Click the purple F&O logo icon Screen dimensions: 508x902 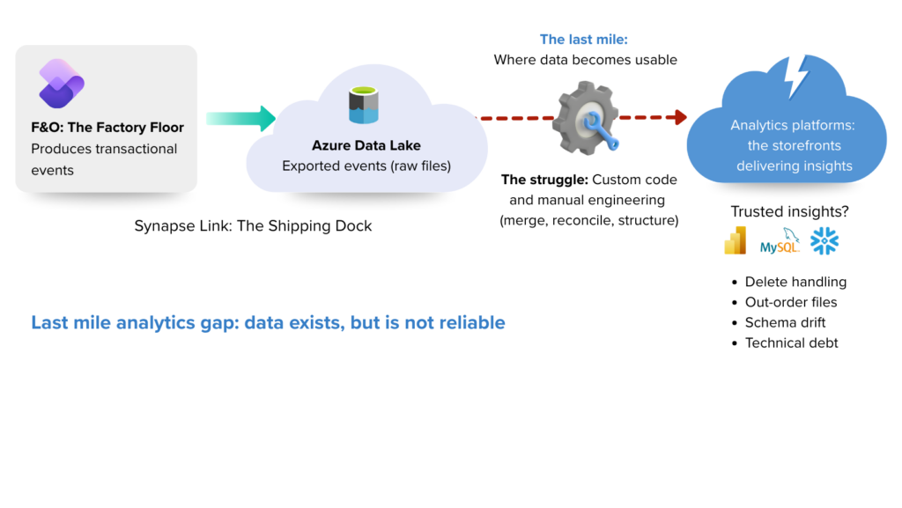click(x=62, y=84)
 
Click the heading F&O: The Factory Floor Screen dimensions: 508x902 click(x=107, y=128)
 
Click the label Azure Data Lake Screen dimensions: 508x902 click(x=366, y=145)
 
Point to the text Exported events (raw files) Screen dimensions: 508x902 click(x=366, y=166)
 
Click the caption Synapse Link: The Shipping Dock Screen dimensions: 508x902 click(x=253, y=226)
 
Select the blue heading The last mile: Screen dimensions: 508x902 click(x=583, y=40)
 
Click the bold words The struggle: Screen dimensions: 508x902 click(x=544, y=180)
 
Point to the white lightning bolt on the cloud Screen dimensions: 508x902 click(x=796, y=77)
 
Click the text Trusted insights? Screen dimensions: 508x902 click(x=782, y=212)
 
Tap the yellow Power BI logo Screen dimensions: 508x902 click(x=735, y=240)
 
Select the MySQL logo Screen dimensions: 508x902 click(x=780, y=242)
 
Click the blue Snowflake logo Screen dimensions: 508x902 click(x=824, y=241)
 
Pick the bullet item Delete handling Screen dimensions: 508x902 click(x=795, y=282)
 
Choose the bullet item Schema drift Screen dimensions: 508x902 click(x=785, y=322)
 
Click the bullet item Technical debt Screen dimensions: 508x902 click(x=791, y=342)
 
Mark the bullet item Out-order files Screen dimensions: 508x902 click(x=790, y=302)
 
